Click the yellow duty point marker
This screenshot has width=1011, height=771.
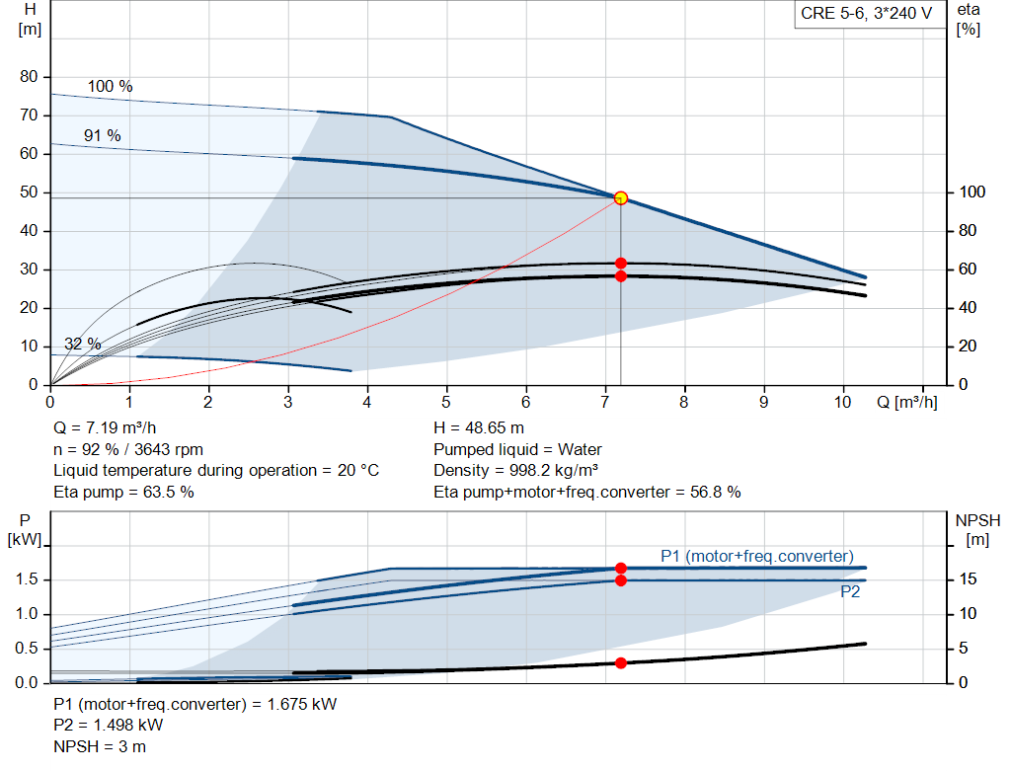pos(620,197)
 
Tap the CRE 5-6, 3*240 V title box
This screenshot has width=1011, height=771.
pos(866,14)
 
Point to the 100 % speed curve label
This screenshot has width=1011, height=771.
pos(111,87)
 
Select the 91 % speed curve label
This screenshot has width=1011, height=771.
pos(103,135)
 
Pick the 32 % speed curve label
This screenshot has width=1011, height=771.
pos(83,344)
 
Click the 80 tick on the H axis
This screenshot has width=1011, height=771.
pos(29,76)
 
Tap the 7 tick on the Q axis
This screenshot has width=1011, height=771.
pos(605,402)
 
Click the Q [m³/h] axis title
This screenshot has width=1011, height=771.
pos(906,402)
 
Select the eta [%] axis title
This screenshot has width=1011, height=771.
pos(969,20)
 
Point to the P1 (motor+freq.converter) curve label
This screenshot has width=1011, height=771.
pos(757,556)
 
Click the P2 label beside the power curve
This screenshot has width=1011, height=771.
pos(850,591)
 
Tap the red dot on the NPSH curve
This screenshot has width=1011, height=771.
pos(620,662)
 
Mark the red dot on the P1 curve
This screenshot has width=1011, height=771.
pos(620,568)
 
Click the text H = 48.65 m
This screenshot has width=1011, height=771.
pos(479,427)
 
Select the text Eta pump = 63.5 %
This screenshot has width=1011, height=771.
pos(123,492)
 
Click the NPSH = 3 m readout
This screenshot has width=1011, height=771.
pos(100,746)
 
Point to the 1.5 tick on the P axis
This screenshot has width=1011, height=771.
pos(27,578)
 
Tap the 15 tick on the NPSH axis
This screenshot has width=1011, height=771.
pos(968,578)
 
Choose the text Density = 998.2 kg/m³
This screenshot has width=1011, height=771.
pos(515,470)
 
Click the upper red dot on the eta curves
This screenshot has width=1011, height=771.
pos(620,263)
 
